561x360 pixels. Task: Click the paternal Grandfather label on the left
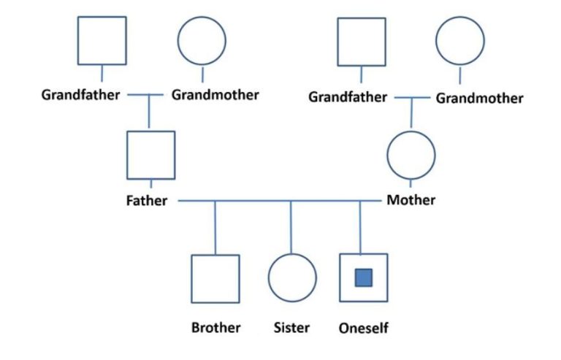[80, 95]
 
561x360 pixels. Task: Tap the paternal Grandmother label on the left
[215, 95]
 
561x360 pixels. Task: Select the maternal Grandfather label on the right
[347, 97]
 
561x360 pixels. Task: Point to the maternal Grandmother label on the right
[479, 98]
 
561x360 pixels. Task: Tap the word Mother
[411, 199]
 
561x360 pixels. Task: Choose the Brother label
[215, 328]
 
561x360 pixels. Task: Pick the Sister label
[291, 328]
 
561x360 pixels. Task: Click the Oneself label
[364, 329]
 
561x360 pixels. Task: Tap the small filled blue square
[364, 277]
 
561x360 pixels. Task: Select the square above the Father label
[150, 155]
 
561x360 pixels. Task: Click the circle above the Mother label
[411, 155]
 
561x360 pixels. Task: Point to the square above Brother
[215, 278]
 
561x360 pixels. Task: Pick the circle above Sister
[292, 278]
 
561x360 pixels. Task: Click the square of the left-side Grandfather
[102, 41]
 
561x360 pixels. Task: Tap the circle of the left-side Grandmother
[202, 41]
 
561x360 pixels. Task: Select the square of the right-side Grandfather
[361, 42]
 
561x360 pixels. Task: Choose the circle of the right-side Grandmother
[459, 42]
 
